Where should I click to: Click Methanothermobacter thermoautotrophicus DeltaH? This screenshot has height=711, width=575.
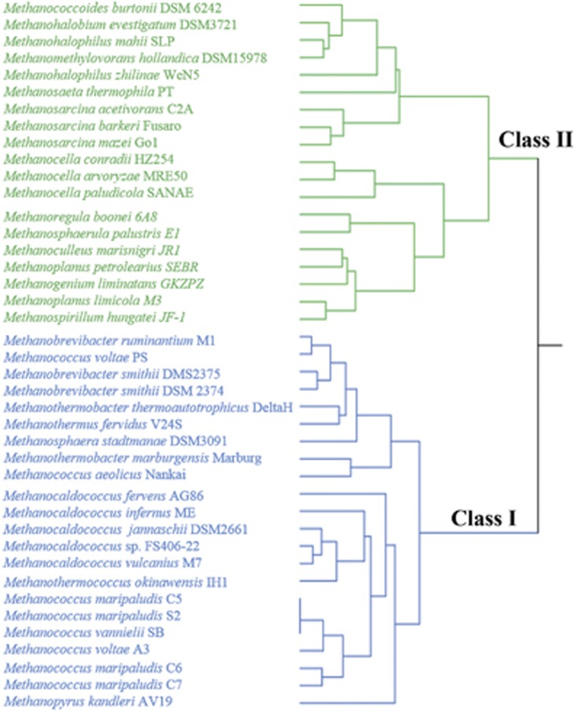(148, 408)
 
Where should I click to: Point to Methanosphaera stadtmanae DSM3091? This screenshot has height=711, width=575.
(110, 441)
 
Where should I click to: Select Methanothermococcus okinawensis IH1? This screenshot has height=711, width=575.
(117, 582)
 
